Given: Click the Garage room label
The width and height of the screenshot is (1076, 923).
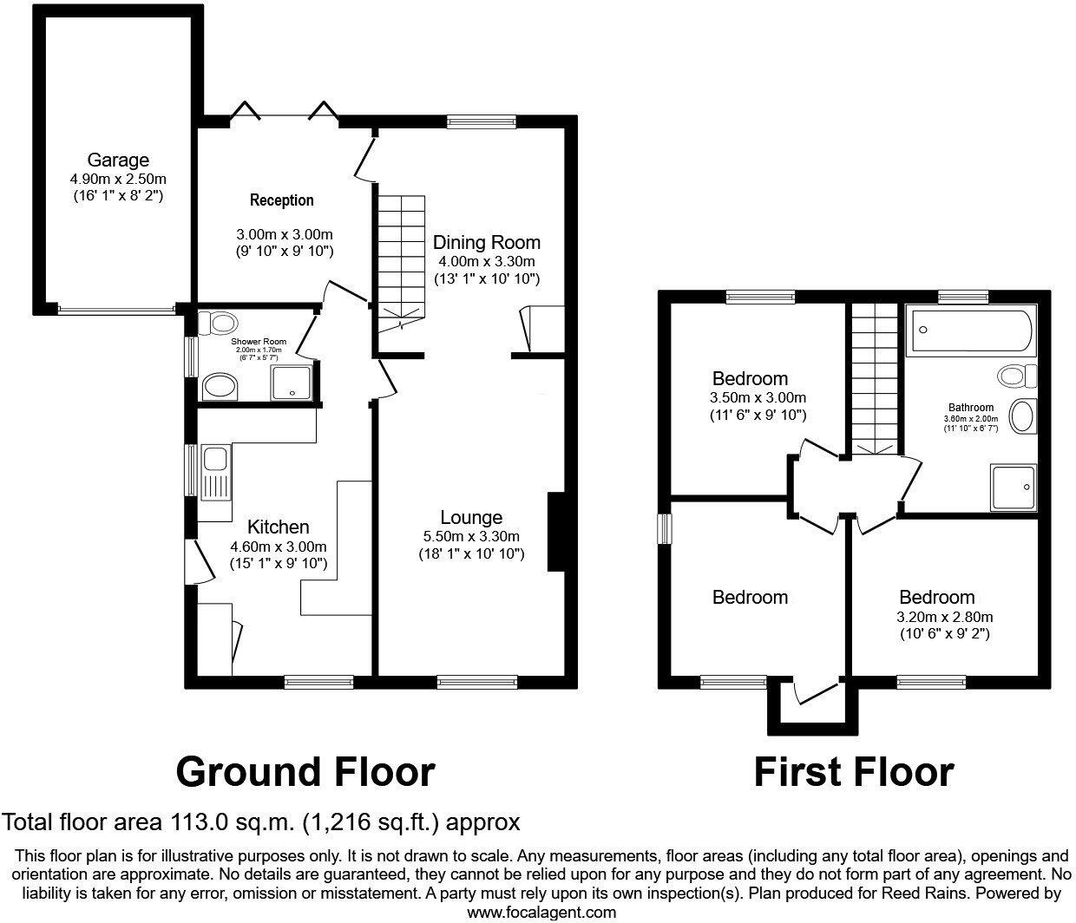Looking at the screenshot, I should tap(118, 160).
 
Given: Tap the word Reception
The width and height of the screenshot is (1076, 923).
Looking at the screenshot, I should tap(281, 200).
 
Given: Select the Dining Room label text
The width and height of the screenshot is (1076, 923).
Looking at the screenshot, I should tap(486, 242).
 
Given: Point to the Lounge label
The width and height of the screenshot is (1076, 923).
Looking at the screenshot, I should tap(472, 517).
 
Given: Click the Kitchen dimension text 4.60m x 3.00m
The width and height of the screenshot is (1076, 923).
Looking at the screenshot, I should tap(278, 547).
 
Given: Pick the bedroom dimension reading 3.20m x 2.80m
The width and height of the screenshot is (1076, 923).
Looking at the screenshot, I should tap(945, 617).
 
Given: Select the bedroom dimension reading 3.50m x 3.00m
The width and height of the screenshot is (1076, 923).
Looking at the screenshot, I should tap(758, 398).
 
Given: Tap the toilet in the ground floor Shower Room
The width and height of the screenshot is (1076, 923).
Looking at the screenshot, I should tap(217, 324).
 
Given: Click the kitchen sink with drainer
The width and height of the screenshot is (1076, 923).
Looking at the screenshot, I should tap(213, 474).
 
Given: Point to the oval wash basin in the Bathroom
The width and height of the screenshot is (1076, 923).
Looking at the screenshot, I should tap(1024, 416).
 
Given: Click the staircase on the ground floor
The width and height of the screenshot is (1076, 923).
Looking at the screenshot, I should tap(401, 260).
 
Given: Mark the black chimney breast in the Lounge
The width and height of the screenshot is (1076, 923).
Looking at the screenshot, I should tap(555, 533).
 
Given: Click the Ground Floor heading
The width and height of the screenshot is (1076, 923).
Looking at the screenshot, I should tap(305, 771).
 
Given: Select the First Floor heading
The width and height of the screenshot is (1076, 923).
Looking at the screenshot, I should tap(853, 771).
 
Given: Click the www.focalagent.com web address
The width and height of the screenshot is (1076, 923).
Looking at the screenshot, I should tap(541, 912).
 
